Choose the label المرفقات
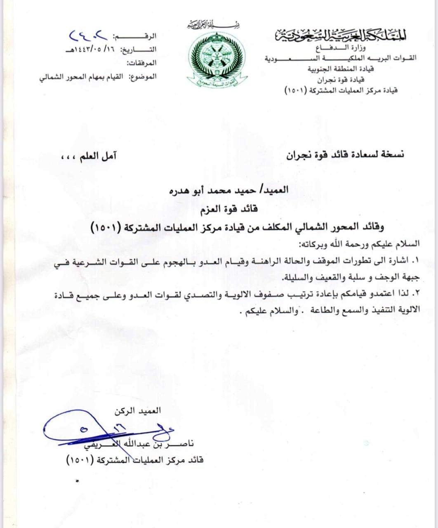[141, 63]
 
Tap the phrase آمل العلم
[95, 156]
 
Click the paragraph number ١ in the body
[415, 261]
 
